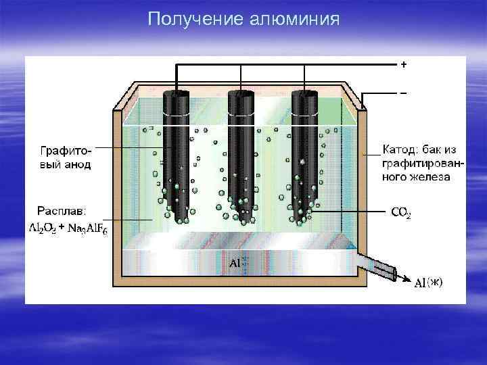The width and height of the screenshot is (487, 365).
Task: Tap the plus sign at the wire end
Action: (404, 65)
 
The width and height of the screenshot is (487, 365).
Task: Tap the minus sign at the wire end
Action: (404, 91)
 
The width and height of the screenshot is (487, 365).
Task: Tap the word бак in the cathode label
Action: (434, 149)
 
